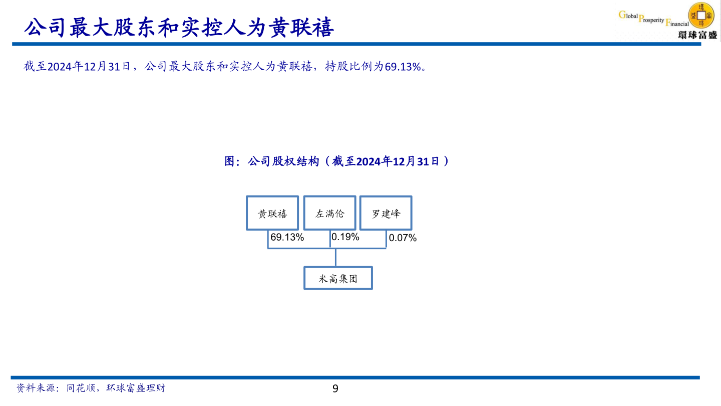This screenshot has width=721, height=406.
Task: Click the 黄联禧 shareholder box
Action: coord(272,213)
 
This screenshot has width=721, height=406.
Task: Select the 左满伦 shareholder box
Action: coord(329,213)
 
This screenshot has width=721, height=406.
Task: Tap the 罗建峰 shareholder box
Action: coord(386,213)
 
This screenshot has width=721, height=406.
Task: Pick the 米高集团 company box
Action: coord(338,278)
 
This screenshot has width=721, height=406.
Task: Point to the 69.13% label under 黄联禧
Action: coord(287,238)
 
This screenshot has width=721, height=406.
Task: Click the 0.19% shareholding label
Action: coord(345,237)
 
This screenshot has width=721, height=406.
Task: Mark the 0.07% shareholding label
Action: coord(403,238)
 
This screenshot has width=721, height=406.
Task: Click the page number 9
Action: coord(335,388)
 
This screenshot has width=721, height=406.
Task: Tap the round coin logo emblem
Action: coord(701,15)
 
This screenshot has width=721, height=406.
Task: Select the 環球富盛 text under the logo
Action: coord(697,35)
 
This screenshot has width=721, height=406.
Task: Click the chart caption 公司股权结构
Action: coord(283,161)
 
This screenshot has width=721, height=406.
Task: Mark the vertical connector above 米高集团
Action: coord(335,257)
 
